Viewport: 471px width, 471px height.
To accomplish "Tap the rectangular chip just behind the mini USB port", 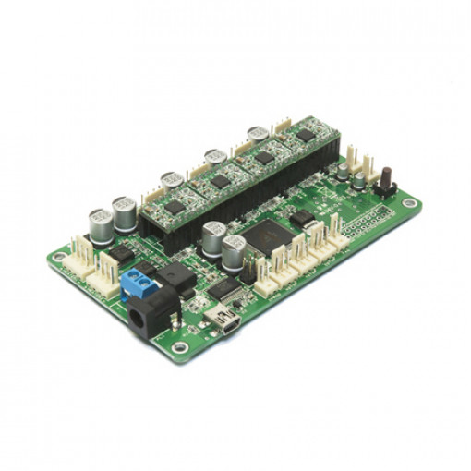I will tap(225, 289).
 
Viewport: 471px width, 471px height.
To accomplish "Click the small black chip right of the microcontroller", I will tap(302, 219).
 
